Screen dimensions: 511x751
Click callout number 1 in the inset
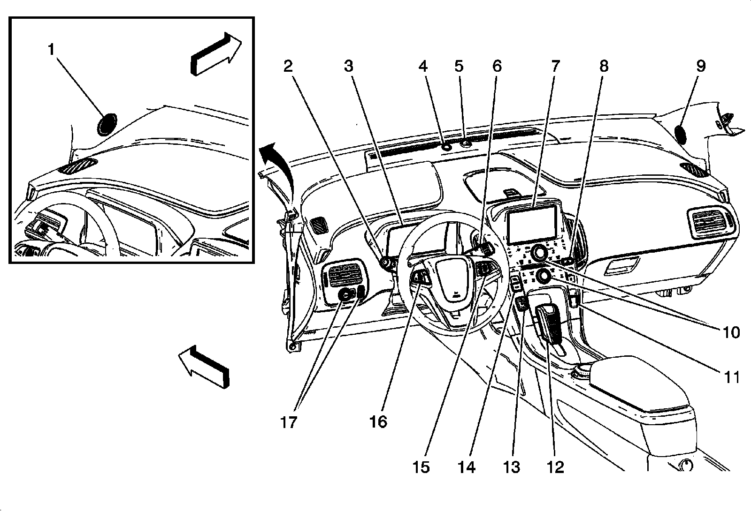click(52, 49)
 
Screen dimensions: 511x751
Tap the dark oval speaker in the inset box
click(107, 124)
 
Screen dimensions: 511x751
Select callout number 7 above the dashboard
click(555, 66)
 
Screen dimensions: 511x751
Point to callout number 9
click(700, 66)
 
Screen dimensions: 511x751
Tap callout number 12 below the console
click(555, 466)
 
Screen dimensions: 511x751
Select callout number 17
click(289, 422)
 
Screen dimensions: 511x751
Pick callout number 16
click(378, 422)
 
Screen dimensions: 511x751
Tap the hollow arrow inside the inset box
click(215, 53)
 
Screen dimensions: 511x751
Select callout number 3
click(348, 66)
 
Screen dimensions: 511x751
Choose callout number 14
click(467, 466)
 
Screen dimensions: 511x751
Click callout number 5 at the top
click(459, 66)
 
